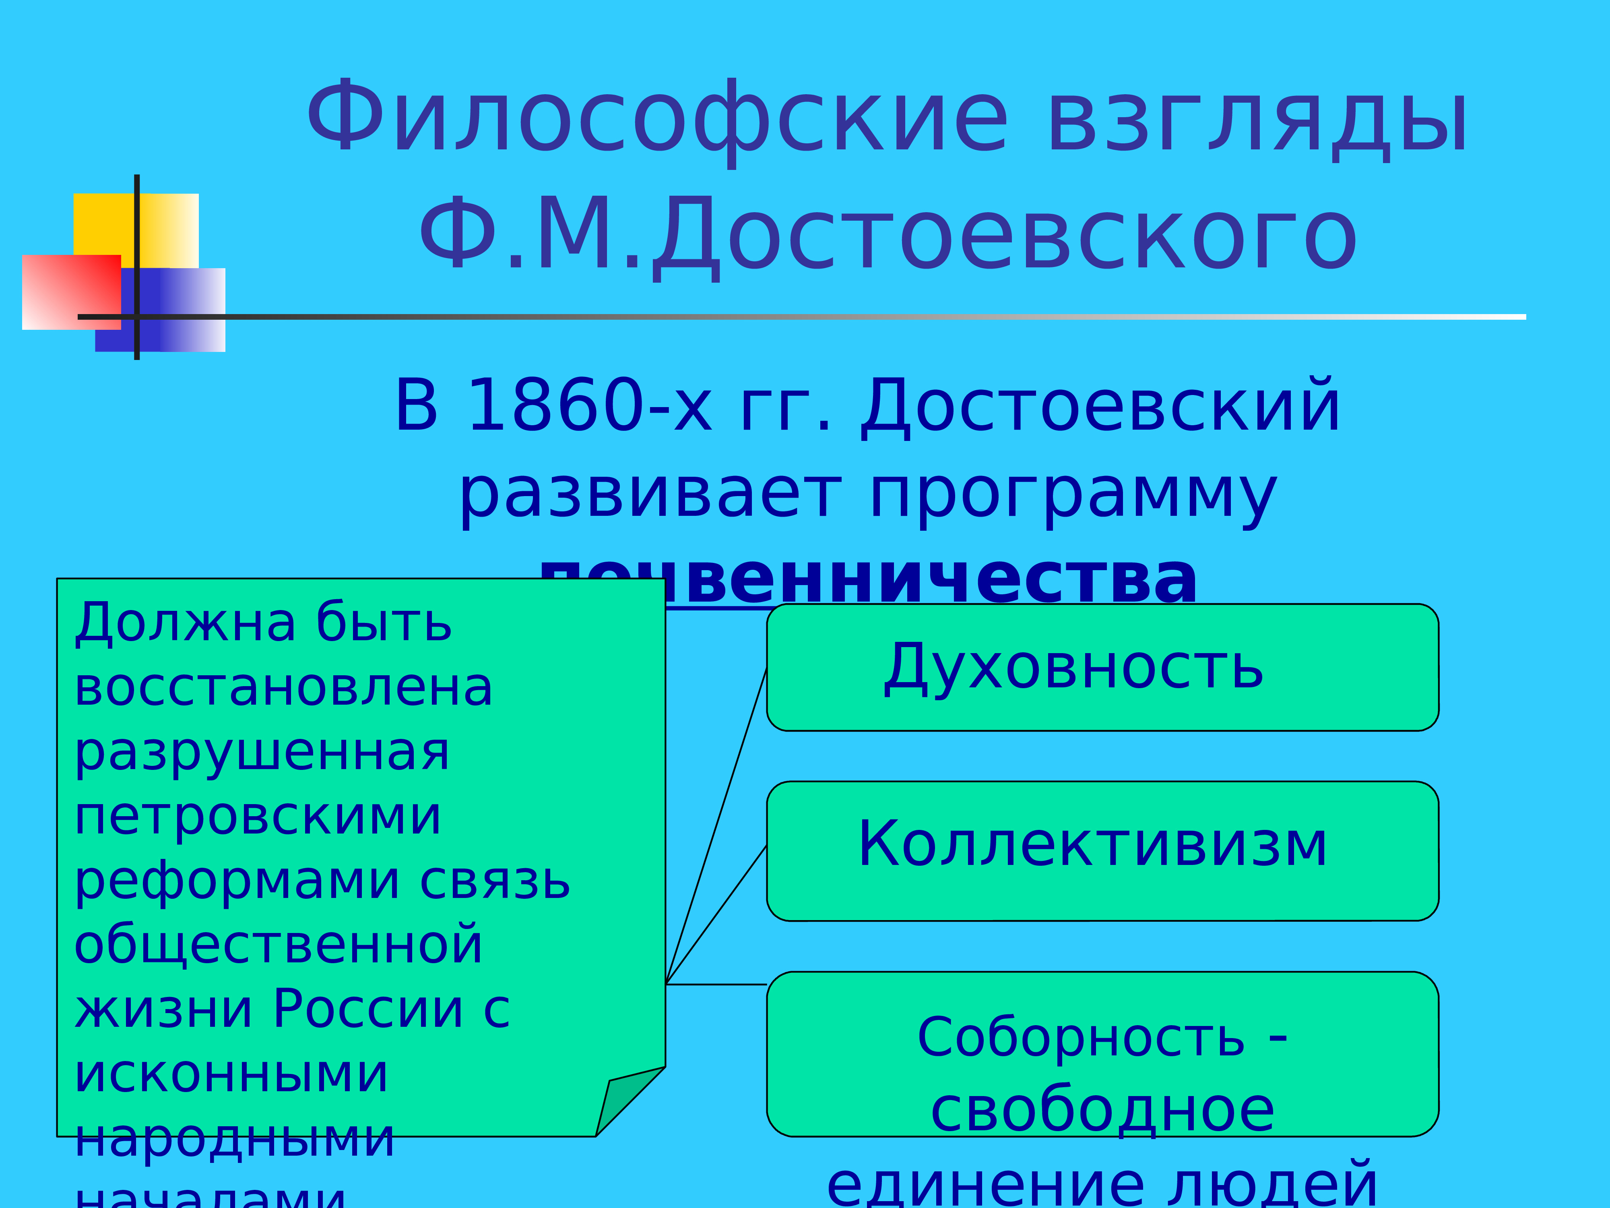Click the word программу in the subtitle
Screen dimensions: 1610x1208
click(1073, 495)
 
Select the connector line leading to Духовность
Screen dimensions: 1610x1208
click(717, 823)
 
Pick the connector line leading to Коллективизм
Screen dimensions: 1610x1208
click(717, 914)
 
